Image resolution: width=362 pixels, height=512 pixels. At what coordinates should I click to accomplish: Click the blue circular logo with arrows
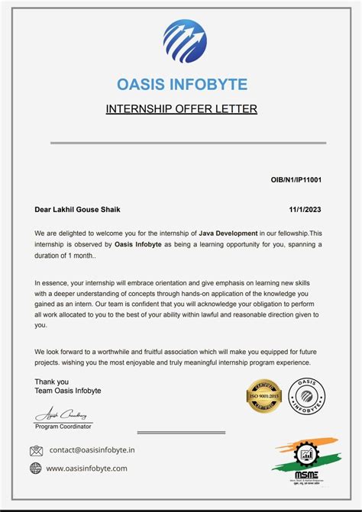pyautogui.click(x=185, y=41)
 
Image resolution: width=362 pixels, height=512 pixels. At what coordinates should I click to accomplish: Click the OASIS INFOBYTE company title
pyautogui.click(x=182, y=84)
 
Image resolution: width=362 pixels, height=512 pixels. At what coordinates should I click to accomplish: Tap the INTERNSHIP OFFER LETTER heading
pyautogui.click(x=182, y=109)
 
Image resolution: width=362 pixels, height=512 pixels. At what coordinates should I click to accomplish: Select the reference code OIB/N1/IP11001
pyautogui.click(x=296, y=179)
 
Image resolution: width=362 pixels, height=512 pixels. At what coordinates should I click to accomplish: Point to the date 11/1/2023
pyautogui.click(x=305, y=209)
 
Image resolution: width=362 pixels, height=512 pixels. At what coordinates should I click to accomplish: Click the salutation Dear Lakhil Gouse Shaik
pyautogui.click(x=78, y=209)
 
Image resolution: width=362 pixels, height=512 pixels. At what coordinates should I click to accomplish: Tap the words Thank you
pyautogui.click(x=52, y=382)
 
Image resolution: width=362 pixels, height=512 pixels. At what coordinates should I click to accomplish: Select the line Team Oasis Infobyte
pyautogui.click(x=68, y=391)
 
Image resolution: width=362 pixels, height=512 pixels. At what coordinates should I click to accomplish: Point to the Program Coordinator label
pyautogui.click(x=64, y=427)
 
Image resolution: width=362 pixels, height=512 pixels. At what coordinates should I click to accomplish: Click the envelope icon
pyautogui.click(x=36, y=450)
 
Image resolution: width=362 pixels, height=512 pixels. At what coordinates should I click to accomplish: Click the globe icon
pyautogui.click(x=36, y=469)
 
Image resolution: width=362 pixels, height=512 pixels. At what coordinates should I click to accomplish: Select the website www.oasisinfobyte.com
pyautogui.click(x=86, y=469)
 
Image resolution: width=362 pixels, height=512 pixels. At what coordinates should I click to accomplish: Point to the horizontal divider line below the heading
pyautogui.click(x=188, y=143)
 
